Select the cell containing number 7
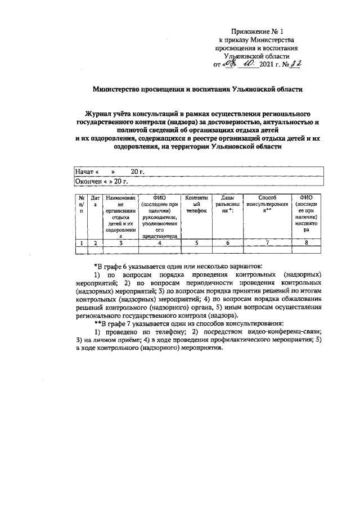[267, 243]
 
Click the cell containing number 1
[82, 243]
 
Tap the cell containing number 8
[306, 243]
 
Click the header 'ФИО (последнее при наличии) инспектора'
[306, 214]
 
